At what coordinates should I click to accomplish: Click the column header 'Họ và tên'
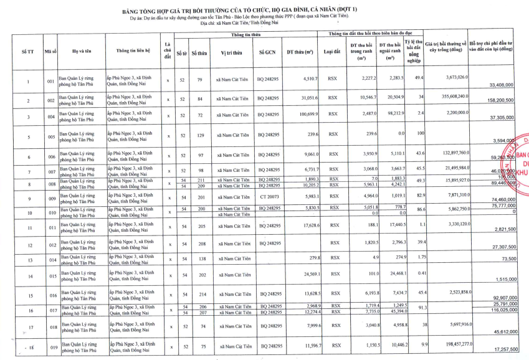pyautogui.click(x=81, y=52)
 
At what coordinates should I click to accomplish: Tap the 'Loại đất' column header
pyautogui.click(x=332, y=52)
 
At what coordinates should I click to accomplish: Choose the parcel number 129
pyautogui.click(x=199, y=135)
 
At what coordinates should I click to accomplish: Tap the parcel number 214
pyautogui.click(x=199, y=293)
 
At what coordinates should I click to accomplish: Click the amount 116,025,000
pyautogui.click(x=501, y=310)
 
